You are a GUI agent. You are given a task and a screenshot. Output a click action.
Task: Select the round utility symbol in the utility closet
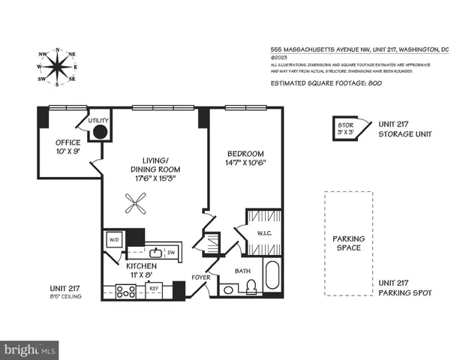[100, 133]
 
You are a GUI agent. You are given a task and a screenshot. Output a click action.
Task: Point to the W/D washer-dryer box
[114, 241]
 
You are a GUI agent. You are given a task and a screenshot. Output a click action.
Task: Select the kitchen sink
[155, 252]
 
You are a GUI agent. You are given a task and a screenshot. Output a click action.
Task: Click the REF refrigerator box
[153, 287]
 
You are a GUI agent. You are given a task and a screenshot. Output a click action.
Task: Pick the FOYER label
[200, 276]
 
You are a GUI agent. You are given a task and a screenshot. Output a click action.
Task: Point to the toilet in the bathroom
[251, 287]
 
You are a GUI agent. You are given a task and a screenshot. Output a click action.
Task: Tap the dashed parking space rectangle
[347, 242]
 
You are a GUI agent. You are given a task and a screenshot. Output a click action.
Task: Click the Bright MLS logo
[30, 349]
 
